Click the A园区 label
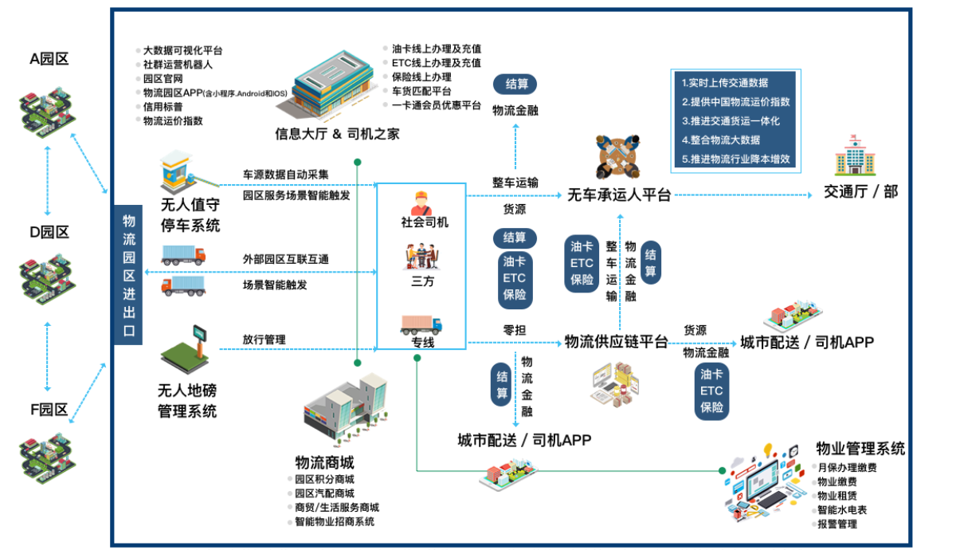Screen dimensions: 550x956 [x=49, y=58]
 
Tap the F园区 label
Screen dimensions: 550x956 [x=49, y=410]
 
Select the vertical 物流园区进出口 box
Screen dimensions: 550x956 [x=128, y=275]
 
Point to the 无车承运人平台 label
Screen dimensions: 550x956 [x=618, y=195]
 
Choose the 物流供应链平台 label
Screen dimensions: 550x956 [x=616, y=342]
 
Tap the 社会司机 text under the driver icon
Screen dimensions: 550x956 [x=424, y=222]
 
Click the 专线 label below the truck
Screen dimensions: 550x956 [x=422, y=343]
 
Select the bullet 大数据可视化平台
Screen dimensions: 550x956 [x=182, y=49]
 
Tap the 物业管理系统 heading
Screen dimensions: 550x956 [x=860, y=449]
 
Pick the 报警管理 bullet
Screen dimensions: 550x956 [x=837, y=524]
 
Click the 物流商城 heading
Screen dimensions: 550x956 [x=324, y=462]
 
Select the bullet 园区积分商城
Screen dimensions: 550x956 [x=324, y=480]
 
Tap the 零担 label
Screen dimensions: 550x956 [x=513, y=330]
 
